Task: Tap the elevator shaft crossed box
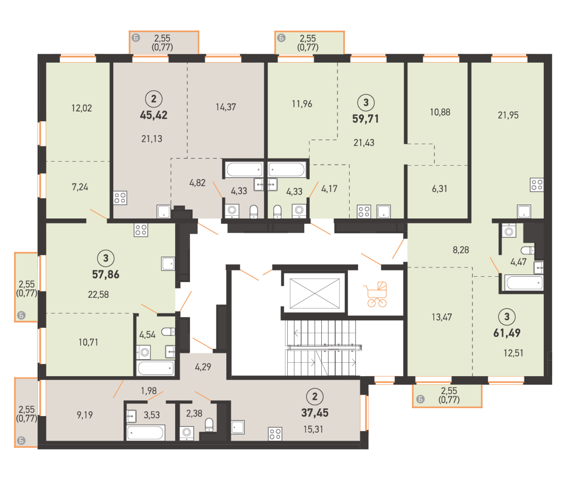point(315,294)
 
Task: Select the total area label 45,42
point(154,115)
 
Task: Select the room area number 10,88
point(440,112)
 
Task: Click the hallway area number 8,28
point(461,250)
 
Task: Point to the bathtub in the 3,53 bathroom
point(146,432)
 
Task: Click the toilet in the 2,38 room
point(209,425)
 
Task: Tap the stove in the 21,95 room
point(537,185)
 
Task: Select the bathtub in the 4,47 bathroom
point(524,283)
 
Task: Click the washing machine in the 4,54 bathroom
point(143,352)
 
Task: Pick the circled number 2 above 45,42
point(154,99)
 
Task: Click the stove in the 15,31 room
point(275,434)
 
